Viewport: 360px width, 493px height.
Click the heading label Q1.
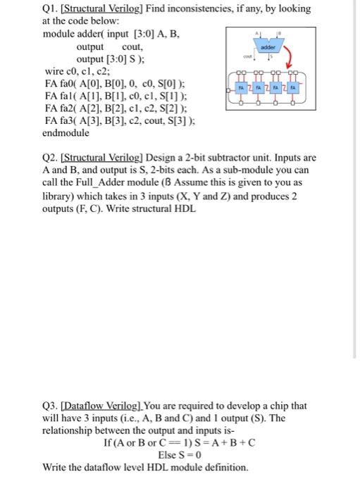[53, 8]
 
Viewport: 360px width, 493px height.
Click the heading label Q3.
[53, 406]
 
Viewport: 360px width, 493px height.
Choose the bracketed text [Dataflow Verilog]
[108, 406]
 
